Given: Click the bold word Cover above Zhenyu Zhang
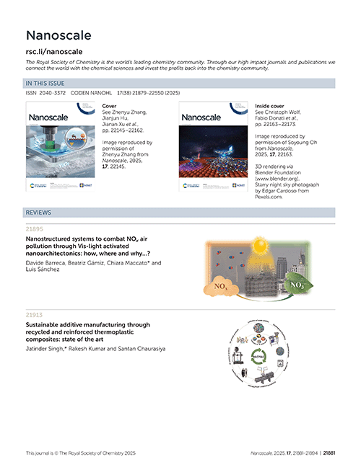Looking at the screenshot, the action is click(110, 105).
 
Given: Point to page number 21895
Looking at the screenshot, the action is click(35, 228).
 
